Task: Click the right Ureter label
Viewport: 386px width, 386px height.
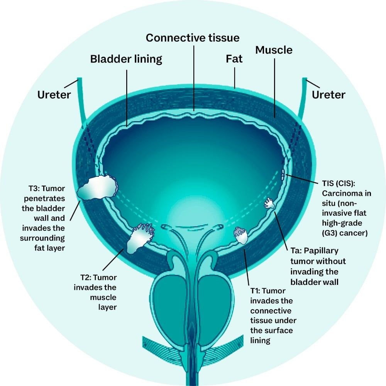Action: click(329, 94)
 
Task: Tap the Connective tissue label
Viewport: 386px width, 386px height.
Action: click(193, 38)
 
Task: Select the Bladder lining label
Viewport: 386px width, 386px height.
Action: click(126, 59)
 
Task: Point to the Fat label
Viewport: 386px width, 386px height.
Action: click(234, 59)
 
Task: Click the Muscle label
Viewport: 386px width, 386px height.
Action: click(274, 50)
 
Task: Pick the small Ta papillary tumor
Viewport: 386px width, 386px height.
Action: click(269, 203)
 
